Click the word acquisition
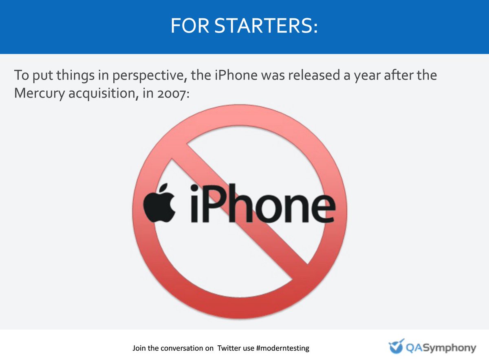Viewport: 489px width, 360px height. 102,93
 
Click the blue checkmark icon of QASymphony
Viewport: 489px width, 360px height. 396,347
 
